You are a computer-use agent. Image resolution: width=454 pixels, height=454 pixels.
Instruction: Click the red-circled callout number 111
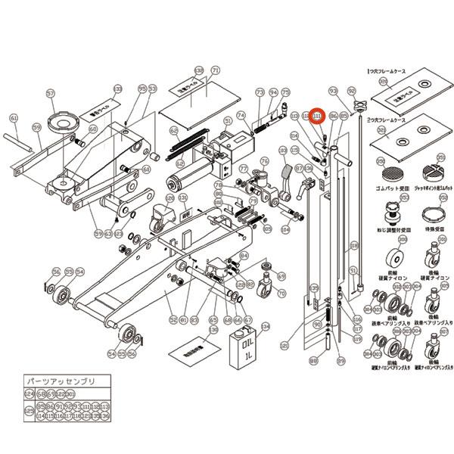pyautogui.click(x=318, y=116)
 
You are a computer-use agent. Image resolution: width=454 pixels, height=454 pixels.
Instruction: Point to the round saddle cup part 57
pyautogui.click(x=61, y=120)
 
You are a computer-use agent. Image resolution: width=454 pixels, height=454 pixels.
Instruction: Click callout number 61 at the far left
pyautogui.click(x=13, y=118)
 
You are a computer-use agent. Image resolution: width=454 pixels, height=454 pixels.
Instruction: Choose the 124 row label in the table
pyautogui.click(x=30, y=394)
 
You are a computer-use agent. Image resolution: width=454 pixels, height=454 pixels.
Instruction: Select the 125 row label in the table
pyautogui.click(x=30, y=410)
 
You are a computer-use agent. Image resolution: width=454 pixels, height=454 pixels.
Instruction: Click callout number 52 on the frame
pyautogui.click(x=173, y=319)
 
